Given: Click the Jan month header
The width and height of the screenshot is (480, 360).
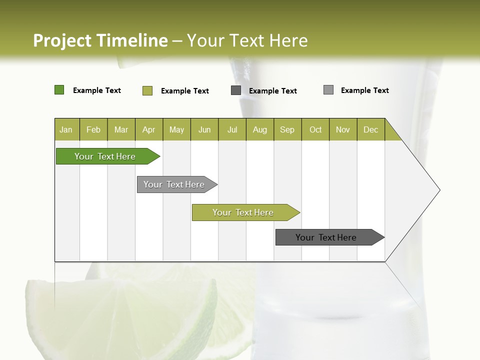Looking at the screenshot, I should pyautogui.click(x=66, y=129).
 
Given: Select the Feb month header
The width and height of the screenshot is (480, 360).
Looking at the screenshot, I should pyautogui.click(x=93, y=129).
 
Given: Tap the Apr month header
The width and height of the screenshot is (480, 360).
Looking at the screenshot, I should pyautogui.click(x=149, y=129).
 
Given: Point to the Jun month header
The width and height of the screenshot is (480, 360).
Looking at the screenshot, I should pyautogui.click(x=204, y=129).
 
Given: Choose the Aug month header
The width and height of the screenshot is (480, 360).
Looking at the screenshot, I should pyautogui.click(x=260, y=129).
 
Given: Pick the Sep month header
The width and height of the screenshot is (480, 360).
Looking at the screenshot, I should pyautogui.click(x=287, y=129).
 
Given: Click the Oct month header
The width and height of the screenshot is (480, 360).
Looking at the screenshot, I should pyautogui.click(x=315, y=129).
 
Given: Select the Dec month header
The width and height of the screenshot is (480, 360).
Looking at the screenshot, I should pyautogui.click(x=371, y=129).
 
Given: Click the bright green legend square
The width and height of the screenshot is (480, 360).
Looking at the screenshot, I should pyautogui.click(x=59, y=90).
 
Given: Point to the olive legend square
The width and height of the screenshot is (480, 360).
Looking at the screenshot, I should pyautogui.click(x=147, y=90).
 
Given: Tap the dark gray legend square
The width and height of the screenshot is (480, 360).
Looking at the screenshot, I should pyautogui.click(x=236, y=90).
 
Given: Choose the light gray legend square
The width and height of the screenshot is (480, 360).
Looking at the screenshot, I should pyautogui.click(x=328, y=90).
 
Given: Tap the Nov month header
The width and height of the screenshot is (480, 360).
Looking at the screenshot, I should pyautogui.click(x=343, y=129).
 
